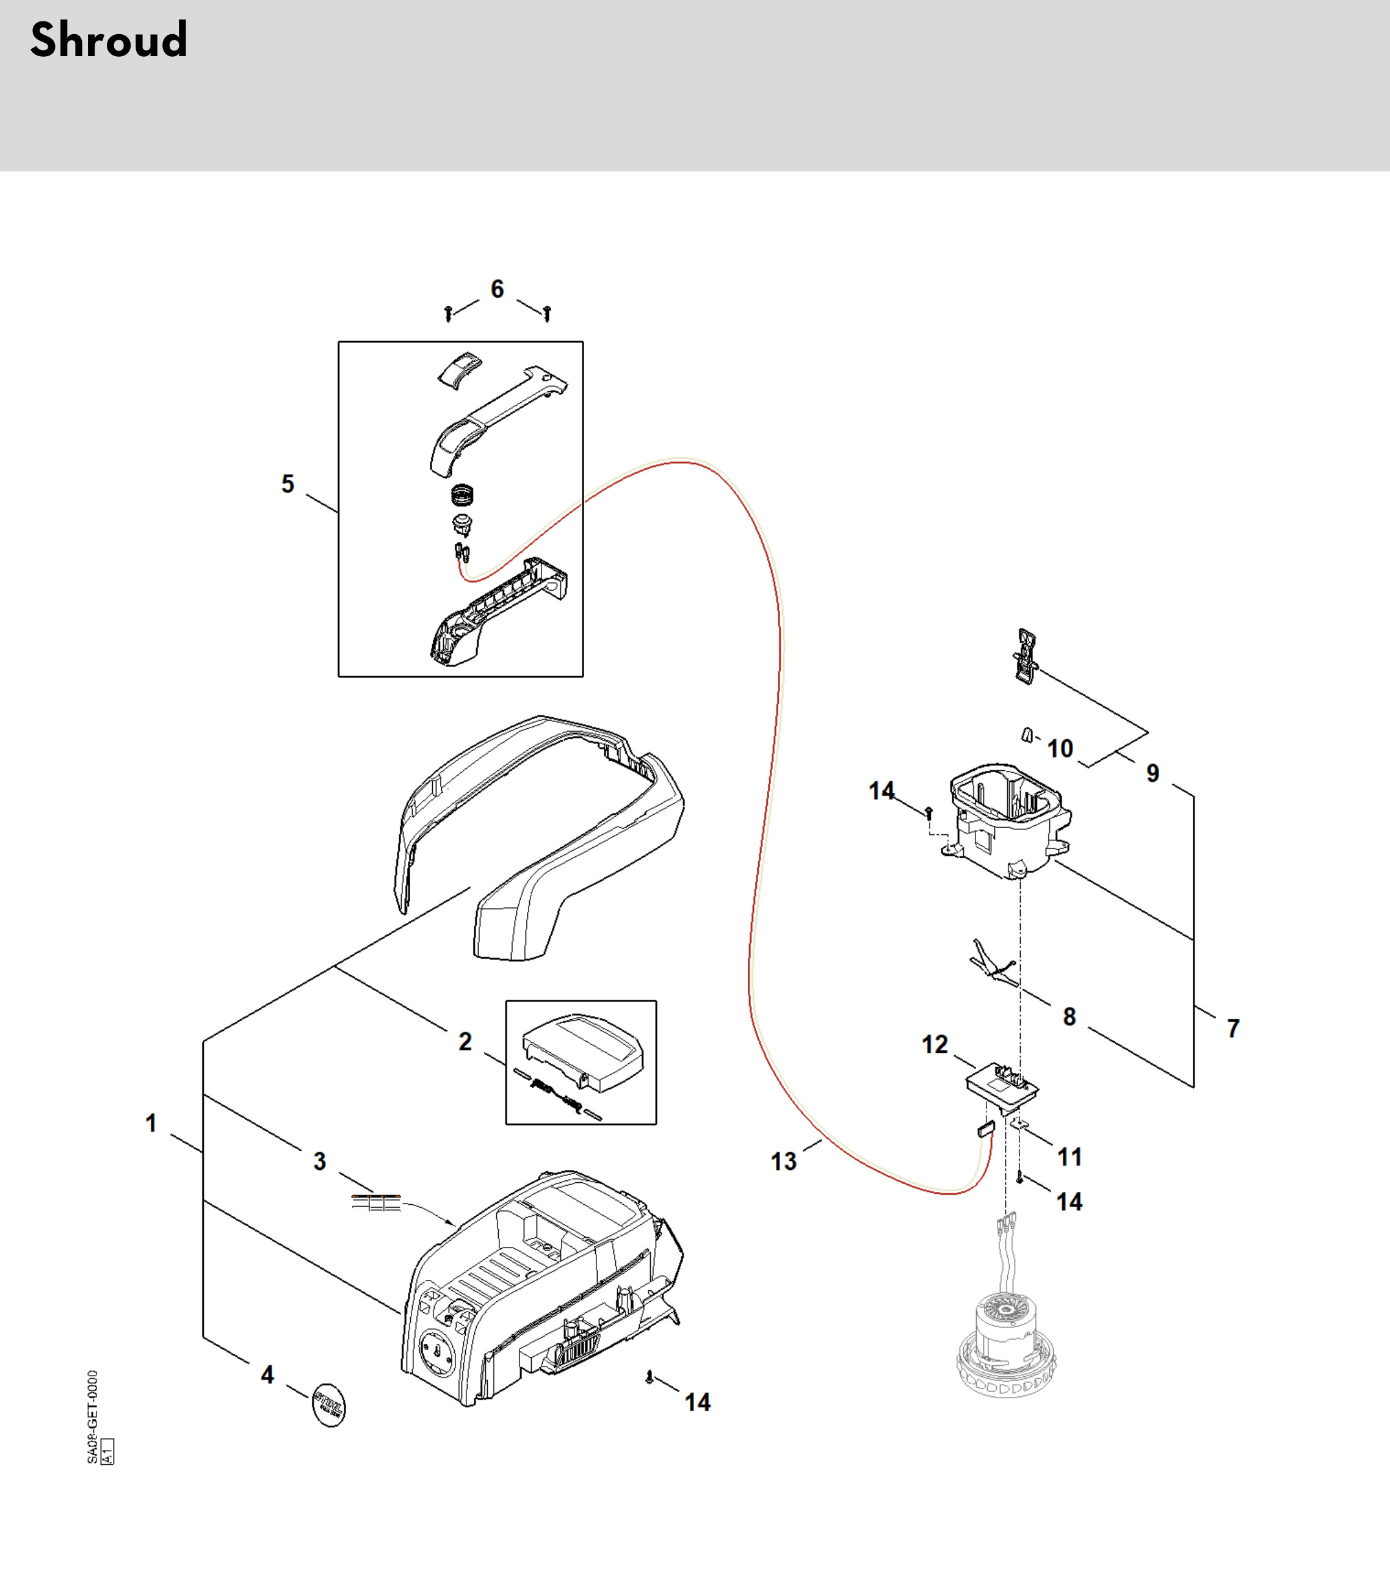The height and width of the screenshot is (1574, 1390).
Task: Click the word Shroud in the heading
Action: [x=109, y=40]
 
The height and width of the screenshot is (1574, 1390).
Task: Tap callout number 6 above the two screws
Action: [x=498, y=289]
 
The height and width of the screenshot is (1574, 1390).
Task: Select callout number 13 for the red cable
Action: [x=784, y=1161]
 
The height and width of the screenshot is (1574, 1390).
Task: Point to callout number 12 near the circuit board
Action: [x=935, y=1044]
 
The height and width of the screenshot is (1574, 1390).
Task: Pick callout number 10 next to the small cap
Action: [x=1060, y=748]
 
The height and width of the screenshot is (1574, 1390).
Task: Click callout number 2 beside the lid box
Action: [x=465, y=1041]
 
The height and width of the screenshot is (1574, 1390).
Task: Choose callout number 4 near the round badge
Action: [x=267, y=1374]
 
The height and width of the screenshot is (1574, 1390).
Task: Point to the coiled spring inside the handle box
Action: [x=462, y=494]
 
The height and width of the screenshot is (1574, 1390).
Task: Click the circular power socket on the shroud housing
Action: [x=436, y=1353]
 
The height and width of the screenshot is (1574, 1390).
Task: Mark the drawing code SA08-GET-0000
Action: [x=92, y=1417]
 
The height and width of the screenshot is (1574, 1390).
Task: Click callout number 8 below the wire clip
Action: [x=1070, y=1016]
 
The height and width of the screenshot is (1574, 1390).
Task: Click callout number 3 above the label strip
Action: [x=320, y=1161]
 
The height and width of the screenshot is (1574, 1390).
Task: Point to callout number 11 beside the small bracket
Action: [x=1070, y=1157]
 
